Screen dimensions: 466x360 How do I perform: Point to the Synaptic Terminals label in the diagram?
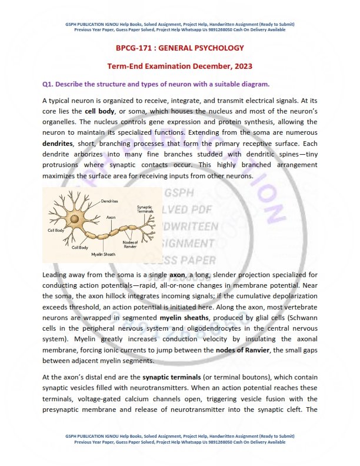tap(145, 209)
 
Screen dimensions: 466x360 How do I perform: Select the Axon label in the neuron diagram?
tap(111, 217)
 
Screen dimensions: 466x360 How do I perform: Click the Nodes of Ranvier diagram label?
tap(130, 242)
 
